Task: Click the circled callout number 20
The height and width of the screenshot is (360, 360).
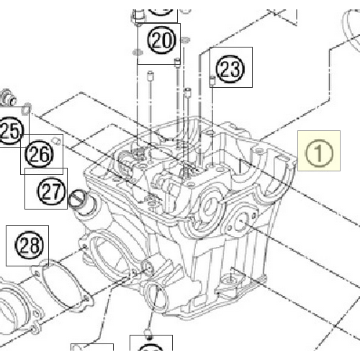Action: (163, 40)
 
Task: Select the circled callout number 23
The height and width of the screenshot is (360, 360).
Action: (230, 69)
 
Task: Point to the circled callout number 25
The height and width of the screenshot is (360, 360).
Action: (10, 130)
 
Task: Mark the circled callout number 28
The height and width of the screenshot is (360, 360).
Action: (27, 246)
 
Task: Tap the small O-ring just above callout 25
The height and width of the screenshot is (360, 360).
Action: (25, 109)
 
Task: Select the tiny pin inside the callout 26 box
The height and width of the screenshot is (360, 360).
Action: (55, 142)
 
